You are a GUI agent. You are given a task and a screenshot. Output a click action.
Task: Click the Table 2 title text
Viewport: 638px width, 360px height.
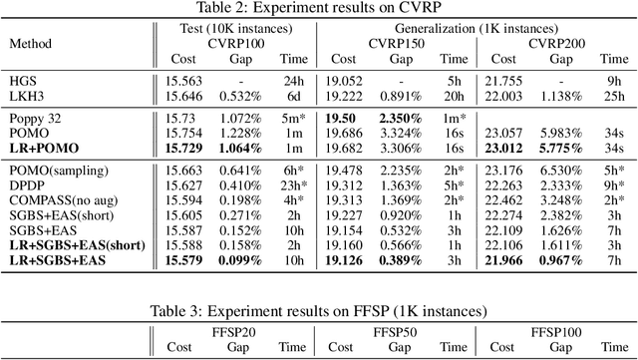(318, 9)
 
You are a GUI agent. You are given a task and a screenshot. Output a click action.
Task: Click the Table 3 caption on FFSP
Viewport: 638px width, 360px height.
(318, 310)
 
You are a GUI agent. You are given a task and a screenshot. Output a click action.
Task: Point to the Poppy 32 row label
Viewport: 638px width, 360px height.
(34, 119)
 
